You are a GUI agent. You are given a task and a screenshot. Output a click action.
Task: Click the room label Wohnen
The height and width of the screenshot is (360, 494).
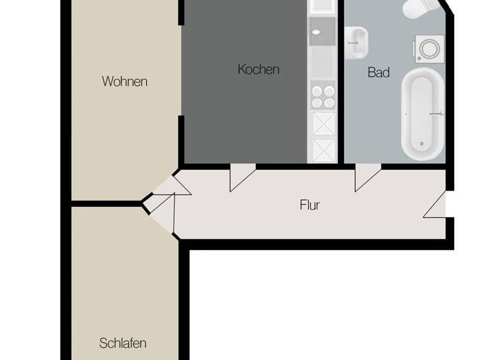125,82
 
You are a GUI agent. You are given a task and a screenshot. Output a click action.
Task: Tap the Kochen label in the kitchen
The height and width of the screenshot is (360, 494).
259,69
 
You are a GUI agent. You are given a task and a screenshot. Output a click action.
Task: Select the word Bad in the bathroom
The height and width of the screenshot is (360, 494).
379,72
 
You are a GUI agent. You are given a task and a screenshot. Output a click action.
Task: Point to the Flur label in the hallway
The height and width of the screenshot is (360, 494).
310,205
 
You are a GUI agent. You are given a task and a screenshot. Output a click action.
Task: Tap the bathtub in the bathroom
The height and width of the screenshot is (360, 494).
423,114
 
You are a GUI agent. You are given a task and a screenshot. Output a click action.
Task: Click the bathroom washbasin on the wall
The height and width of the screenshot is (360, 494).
356,41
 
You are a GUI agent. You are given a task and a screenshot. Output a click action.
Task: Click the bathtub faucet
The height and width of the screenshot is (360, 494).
438,114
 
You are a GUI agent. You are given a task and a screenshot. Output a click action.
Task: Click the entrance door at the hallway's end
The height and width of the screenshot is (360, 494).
436,206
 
